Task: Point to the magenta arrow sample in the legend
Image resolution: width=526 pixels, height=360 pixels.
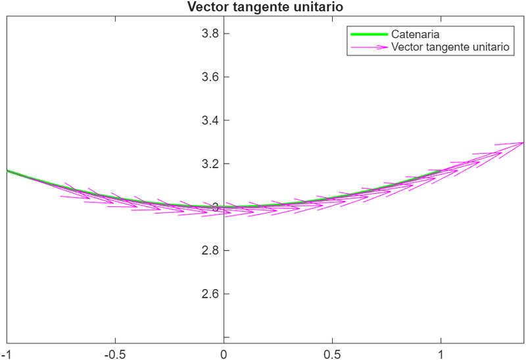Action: (x=369, y=47)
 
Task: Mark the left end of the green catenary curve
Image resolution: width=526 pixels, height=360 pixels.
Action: (x=7, y=171)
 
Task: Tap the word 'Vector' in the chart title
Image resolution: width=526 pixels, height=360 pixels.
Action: (x=206, y=7)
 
